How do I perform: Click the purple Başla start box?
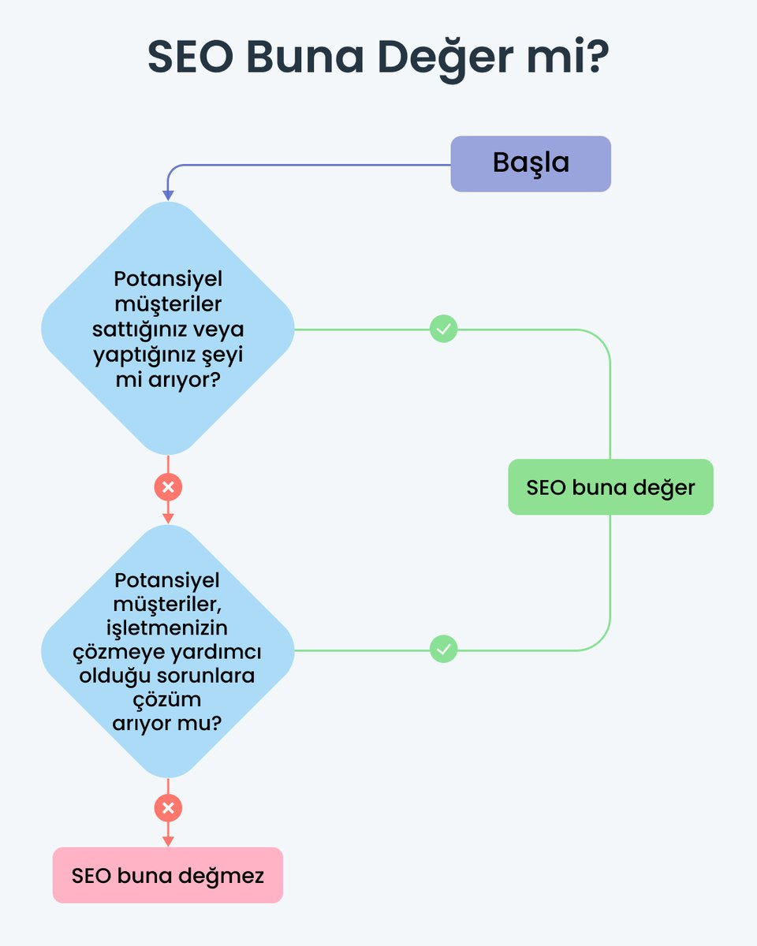click(x=531, y=164)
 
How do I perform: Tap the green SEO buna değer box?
click(x=610, y=487)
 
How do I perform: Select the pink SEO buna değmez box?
click(x=167, y=875)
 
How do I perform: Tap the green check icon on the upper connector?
click(x=444, y=329)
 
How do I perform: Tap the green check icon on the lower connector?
click(x=444, y=650)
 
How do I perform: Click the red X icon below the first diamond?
click(x=168, y=487)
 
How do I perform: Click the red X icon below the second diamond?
click(x=168, y=808)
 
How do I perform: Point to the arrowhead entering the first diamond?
click(x=168, y=195)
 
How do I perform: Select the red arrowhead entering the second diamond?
click(x=168, y=518)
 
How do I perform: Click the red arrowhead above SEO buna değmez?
click(x=168, y=840)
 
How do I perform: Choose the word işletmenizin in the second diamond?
click(x=167, y=628)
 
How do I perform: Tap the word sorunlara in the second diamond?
click(x=211, y=676)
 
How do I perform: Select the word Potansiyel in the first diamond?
click(x=167, y=280)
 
